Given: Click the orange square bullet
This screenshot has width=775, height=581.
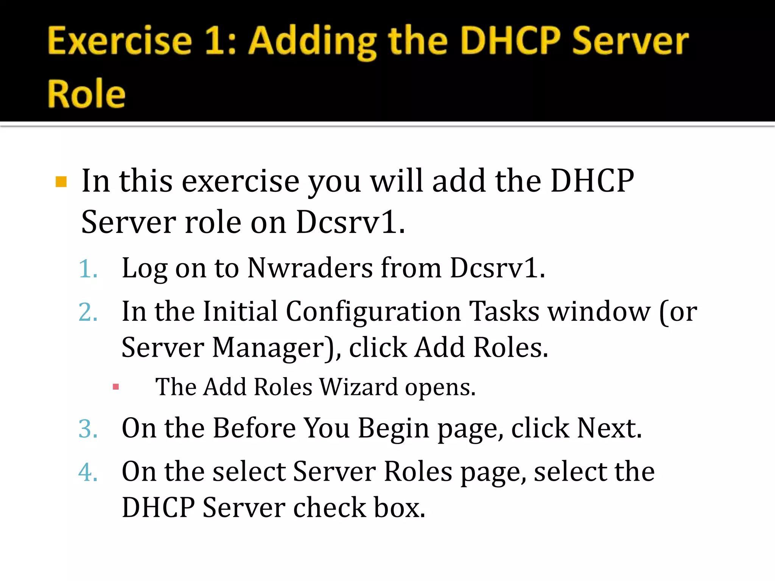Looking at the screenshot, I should click(61, 182).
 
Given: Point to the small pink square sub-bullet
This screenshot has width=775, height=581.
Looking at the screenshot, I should click(116, 387).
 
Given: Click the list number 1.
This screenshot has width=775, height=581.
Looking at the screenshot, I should click(88, 269).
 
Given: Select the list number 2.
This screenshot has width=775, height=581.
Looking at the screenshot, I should click(88, 312).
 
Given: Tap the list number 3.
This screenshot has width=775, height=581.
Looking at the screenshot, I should click(88, 429).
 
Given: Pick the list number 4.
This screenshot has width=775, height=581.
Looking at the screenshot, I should click(88, 472).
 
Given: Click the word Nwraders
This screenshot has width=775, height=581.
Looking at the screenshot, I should click(310, 268).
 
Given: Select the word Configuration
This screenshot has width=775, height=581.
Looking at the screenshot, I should click(373, 312).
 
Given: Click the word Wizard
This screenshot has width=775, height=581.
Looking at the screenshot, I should click(359, 387).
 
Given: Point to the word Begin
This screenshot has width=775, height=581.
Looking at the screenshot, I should click(394, 429).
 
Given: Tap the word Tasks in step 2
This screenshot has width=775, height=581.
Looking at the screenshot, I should click(504, 312).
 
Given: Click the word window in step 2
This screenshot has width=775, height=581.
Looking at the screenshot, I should click(599, 312).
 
